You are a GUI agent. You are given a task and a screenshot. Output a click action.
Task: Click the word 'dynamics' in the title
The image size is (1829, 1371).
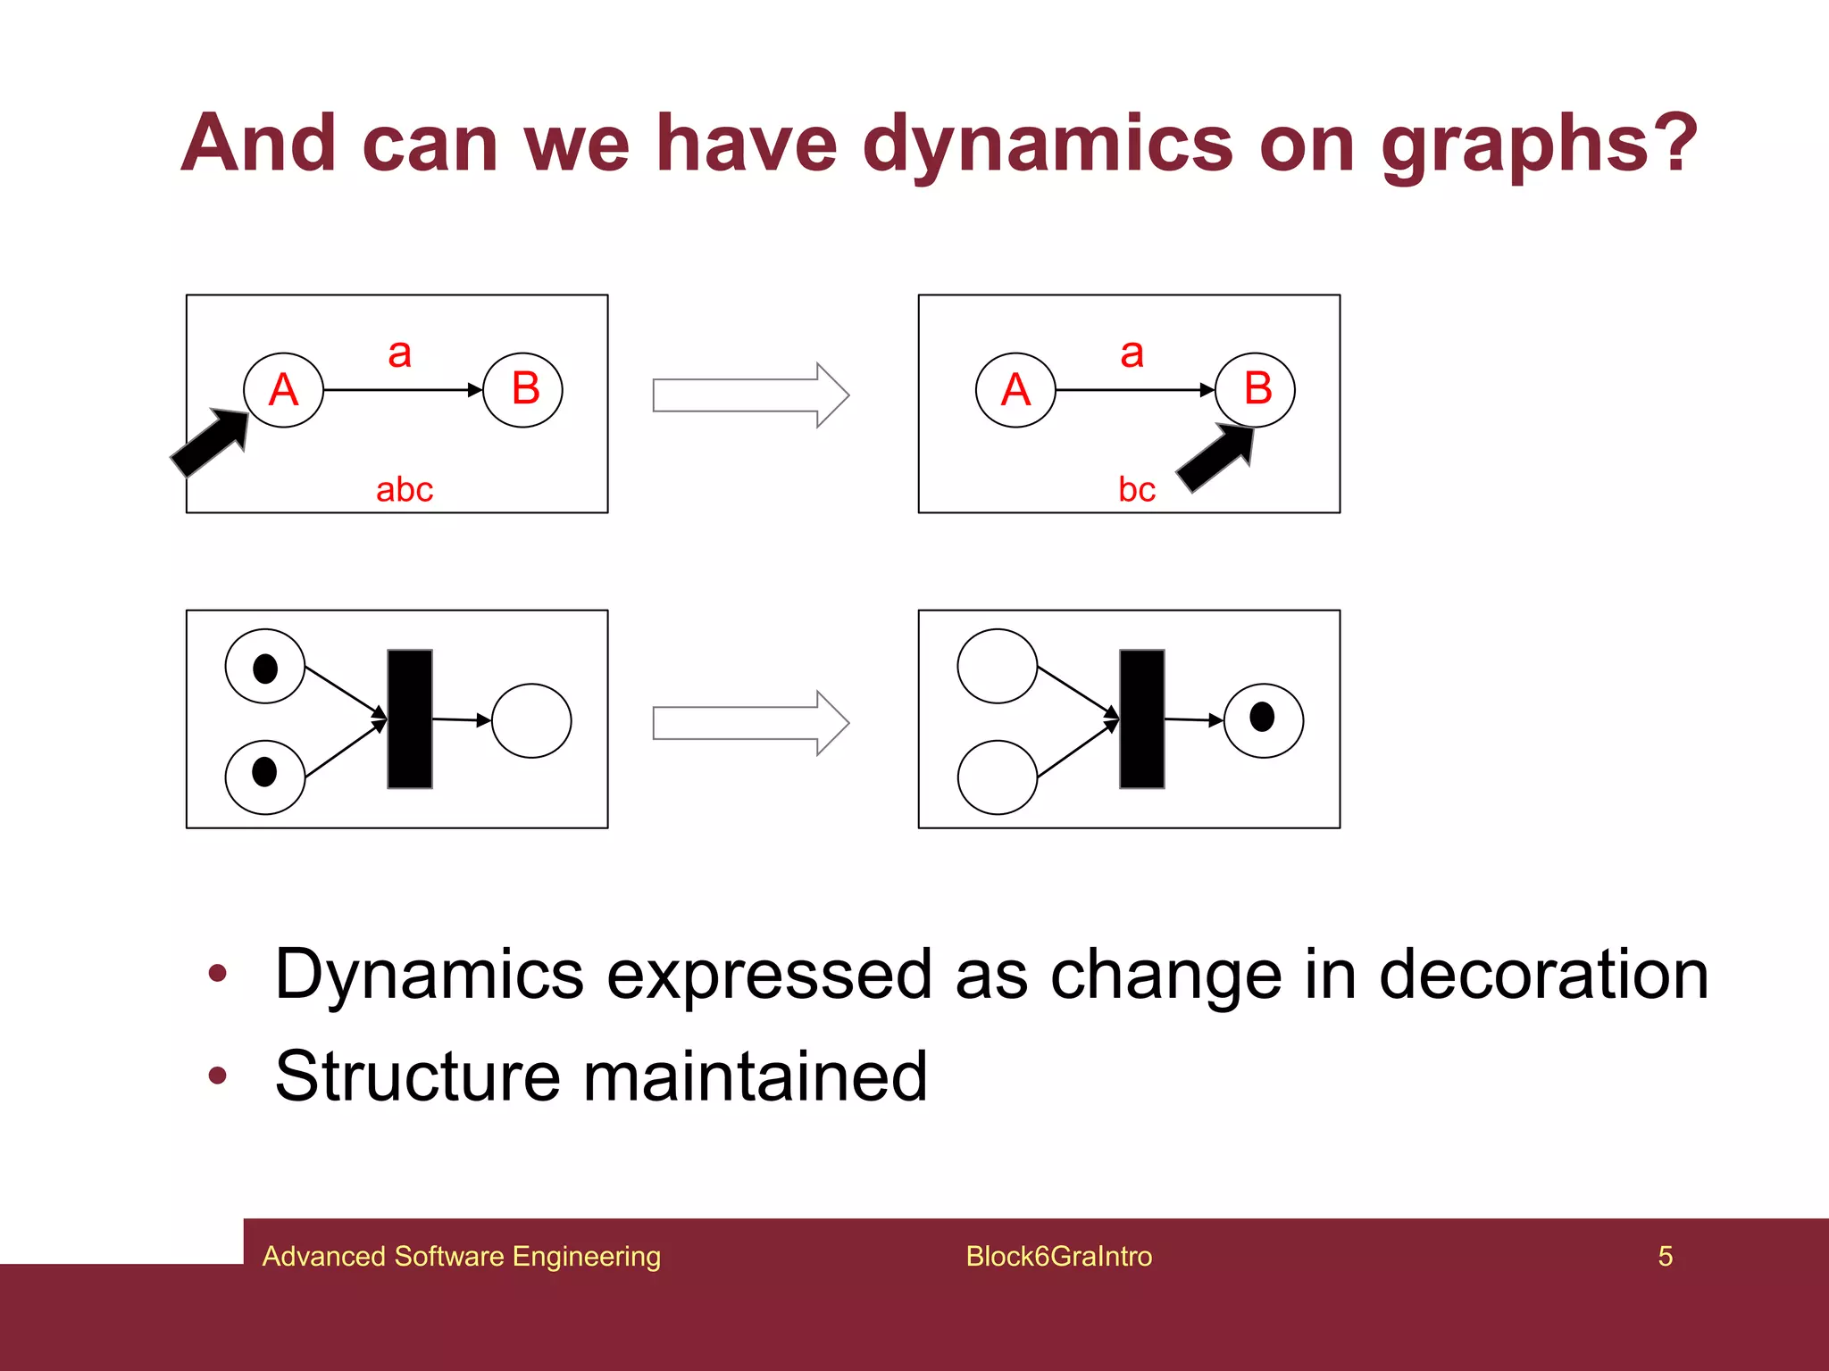pos(1047,145)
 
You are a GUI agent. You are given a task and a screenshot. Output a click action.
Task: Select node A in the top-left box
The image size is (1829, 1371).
pos(283,390)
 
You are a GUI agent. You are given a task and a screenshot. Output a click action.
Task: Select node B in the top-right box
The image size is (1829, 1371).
pos(1256,389)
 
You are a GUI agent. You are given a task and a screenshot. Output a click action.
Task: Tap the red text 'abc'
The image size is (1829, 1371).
pos(404,490)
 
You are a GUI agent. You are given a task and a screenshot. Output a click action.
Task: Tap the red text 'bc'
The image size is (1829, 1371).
pos(1136,490)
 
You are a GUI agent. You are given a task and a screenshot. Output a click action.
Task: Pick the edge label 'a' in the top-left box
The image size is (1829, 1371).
pos(399,353)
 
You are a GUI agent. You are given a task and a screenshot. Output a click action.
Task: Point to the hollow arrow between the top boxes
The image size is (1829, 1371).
pos(750,395)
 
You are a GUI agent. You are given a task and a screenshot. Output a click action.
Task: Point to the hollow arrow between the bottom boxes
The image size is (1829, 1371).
pos(750,723)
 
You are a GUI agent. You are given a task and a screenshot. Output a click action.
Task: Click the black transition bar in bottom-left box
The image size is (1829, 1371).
pos(410,719)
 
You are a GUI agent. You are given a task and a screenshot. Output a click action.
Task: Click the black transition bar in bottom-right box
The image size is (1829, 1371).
pos(1141,719)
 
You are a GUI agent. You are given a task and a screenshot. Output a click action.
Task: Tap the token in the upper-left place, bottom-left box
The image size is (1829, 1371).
pos(265,668)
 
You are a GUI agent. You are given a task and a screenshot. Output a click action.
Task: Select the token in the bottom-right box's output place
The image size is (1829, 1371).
pos(1261,717)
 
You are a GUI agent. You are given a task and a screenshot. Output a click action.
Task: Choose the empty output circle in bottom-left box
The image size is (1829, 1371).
pos(531,721)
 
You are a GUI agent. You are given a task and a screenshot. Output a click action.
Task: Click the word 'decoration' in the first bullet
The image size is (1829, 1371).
pos(1543,975)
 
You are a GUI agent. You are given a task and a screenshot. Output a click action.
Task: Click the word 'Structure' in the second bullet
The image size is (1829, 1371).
pos(416,1076)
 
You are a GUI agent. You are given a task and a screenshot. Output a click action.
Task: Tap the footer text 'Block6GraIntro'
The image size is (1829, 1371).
pos(1058,1257)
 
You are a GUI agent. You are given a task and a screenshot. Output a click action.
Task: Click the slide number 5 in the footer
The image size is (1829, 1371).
pos(1665,1257)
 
